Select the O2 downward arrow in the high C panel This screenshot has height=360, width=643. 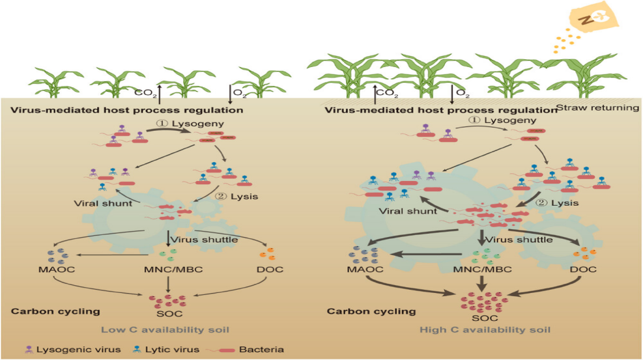[452, 92]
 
